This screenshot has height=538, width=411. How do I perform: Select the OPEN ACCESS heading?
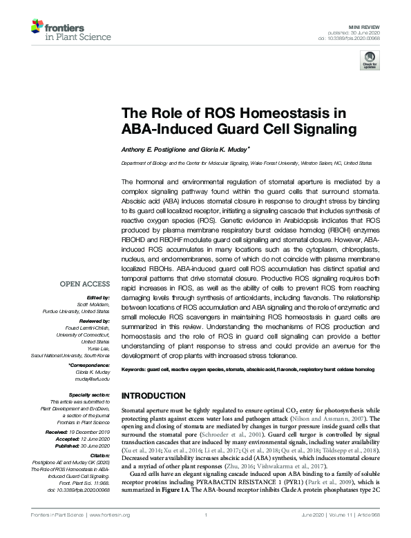click(84, 283)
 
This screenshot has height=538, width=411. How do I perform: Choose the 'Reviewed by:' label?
click(94, 321)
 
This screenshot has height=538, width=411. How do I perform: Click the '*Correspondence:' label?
click(90, 365)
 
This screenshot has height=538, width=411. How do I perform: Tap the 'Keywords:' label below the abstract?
click(137, 370)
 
